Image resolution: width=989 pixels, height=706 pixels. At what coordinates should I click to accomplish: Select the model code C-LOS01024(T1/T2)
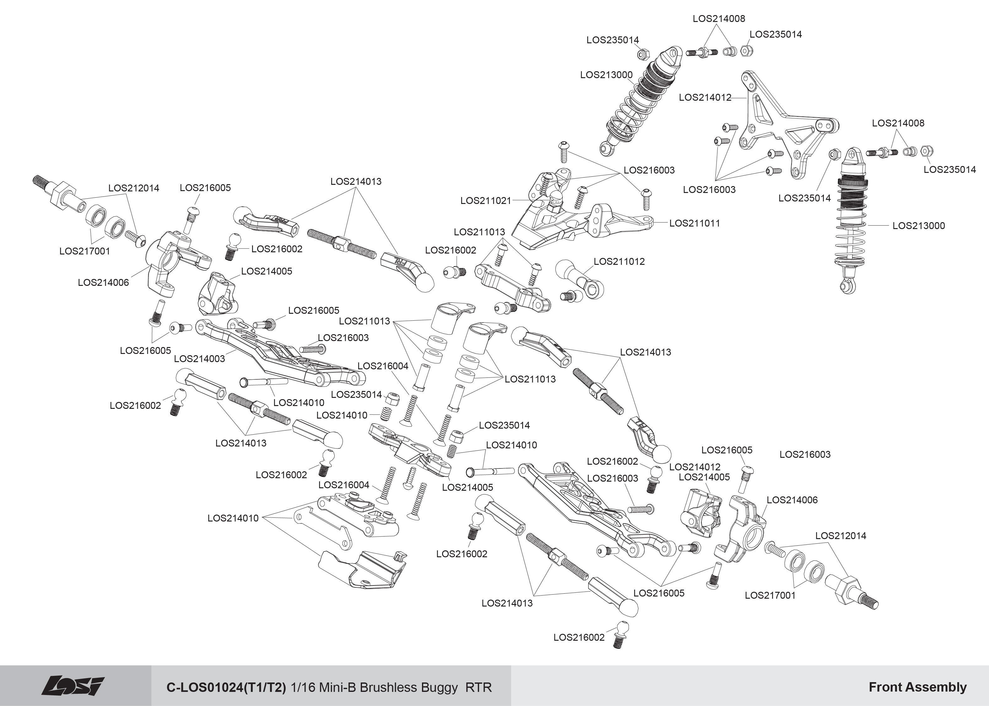tap(226, 687)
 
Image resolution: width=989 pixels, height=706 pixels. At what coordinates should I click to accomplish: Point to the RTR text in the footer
tap(478, 687)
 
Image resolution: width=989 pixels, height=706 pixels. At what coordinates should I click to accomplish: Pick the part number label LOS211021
tap(486, 201)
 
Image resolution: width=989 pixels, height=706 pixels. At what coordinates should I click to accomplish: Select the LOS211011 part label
tap(694, 223)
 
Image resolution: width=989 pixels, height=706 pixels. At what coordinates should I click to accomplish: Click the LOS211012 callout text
tap(619, 261)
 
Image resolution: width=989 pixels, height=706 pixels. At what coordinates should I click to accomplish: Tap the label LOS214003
tap(199, 359)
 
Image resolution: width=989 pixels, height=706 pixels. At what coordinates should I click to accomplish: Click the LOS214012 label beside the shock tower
tap(705, 97)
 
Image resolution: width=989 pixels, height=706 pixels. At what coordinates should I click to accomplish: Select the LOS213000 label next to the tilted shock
tap(606, 75)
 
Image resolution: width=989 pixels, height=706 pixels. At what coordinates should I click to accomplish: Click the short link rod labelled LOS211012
tap(581, 278)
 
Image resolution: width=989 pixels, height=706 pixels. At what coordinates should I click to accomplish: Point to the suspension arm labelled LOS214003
tap(278, 356)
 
